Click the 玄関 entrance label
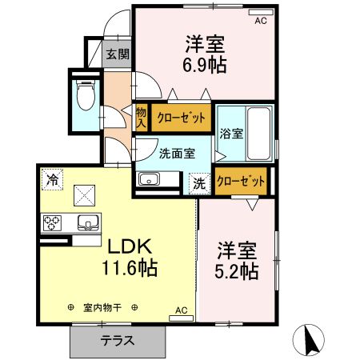pyautogui.click(x=118, y=55)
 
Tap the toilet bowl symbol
pyautogui.click(x=85, y=97)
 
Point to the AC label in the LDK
pyautogui.click(x=181, y=310)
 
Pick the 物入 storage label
pyautogui.click(x=141, y=118)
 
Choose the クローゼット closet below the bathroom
pyautogui.click(x=242, y=182)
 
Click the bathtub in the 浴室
pyautogui.click(x=258, y=133)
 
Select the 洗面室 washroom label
pyautogui.click(x=176, y=153)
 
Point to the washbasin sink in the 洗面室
pyautogui.click(x=149, y=180)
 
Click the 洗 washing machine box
pyautogui.click(x=199, y=182)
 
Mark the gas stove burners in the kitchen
pyautogui.click(x=54, y=221)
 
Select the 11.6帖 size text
pyautogui.click(x=128, y=267)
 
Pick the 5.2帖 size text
pyautogui.click(x=237, y=271)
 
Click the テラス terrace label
pyautogui.click(x=117, y=340)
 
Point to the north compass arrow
pyautogui.click(x=310, y=340)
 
